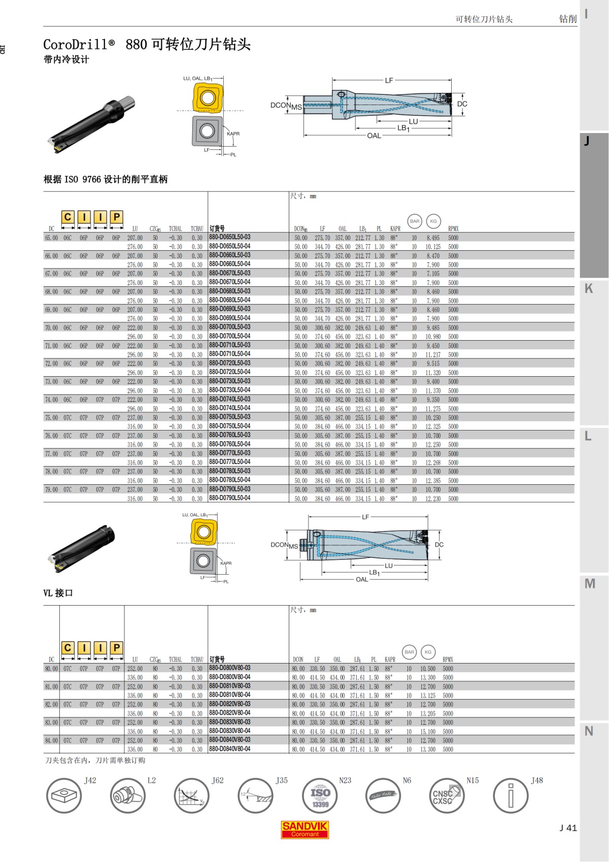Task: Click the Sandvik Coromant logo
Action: (x=304, y=830)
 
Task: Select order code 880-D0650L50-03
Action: (x=230, y=237)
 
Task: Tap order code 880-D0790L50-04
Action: (x=230, y=498)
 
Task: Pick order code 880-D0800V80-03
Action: (x=230, y=668)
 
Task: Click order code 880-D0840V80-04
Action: (x=230, y=749)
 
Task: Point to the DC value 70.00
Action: (x=51, y=328)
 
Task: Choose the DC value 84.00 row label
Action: (x=51, y=741)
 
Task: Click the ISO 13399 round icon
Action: (x=320, y=796)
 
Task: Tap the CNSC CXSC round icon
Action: (x=446, y=796)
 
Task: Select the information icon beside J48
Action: (x=511, y=796)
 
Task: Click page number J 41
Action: (x=568, y=828)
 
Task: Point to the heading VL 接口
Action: (x=58, y=593)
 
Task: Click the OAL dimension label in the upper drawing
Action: (x=374, y=136)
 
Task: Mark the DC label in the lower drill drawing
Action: (x=439, y=545)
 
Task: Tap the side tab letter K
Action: (x=589, y=288)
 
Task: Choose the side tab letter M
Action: (x=590, y=584)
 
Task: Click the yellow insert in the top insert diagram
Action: (x=208, y=97)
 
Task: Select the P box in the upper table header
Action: (x=117, y=217)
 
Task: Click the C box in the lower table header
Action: (x=67, y=648)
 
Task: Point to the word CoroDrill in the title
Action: (x=75, y=45)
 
